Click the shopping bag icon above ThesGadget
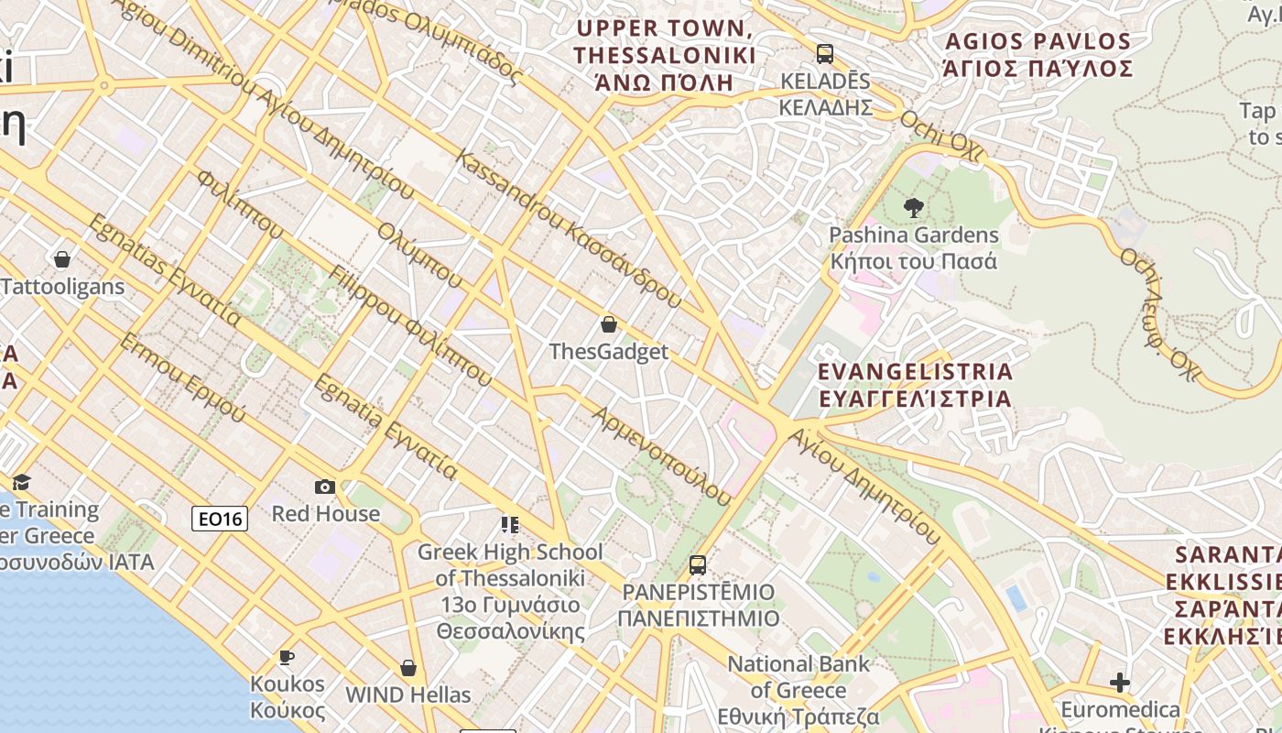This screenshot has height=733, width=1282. (x=608, y=324)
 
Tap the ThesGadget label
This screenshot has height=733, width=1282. (x=608, y=352)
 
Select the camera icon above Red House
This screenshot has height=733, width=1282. (x=324, y=487)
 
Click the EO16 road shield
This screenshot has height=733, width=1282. (x=220, y=520)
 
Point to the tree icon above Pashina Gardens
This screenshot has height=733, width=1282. (x=913, y=207)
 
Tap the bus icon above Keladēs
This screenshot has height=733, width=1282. (x=825, y=53)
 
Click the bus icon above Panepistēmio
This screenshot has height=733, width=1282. (x=698, y=564)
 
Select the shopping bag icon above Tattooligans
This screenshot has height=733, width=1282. (x=62, y=259)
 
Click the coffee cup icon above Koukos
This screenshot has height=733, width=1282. (x=287, y=657)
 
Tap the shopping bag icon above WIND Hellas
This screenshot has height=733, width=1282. (x=408, y=668)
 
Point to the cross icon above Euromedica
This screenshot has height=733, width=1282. (x=1119, y=683)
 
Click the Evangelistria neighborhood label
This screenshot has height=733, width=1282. (x=915, y=385)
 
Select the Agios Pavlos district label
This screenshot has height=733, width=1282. (x=1038, y=55)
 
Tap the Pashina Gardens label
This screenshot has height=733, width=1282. (x=913, y=247)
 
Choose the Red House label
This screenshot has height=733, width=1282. (x=325, y=513)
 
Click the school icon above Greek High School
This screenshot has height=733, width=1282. (x=510, y=525)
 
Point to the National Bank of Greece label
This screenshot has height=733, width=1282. (x=799, y=690)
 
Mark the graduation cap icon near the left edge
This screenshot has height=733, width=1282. (x=21, y=482)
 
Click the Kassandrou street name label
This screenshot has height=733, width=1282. (x=568, y=229)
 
